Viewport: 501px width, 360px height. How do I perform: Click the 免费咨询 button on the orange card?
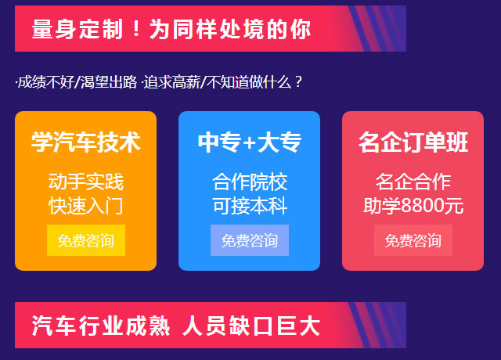pyautogui.click(x=86, y=240)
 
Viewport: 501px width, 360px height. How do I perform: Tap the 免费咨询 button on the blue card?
pyautogui.click(x=250, y=240)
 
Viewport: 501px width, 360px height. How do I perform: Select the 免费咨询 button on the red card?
pyautogui.click(x=413, y=240)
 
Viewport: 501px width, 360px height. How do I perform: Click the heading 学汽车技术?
pyautogui.click(x=86, y=142)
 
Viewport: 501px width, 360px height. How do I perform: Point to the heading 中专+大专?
pyautogui.click(x=250, y=142)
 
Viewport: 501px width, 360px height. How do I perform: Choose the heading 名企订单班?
pyautogui.click(x=413, y=142)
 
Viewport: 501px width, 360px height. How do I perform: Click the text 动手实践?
pyautogui.click(x=86, y=182)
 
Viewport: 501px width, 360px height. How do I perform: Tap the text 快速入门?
pyautogui.click(x=86, y=206)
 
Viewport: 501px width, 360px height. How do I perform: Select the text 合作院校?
pyautogui.click(x=250, y=182)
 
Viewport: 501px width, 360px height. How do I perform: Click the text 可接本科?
pyautogui.click(x=250, y=206)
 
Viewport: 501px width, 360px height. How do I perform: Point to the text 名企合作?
pyautogui.click(x=413, y=182)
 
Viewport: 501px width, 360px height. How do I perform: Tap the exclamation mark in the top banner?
pyautogui.click(x=136, y=28)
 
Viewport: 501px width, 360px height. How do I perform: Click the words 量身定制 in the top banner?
pyautogui.click(x=77, y=29)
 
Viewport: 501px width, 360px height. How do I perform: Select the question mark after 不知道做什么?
pyautogui.click(x=298, y=81)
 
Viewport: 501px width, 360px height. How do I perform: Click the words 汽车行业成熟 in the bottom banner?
pyautogui.click(x=101, y=326)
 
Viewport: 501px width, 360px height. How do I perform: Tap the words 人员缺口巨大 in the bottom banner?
pyautogui.click(x=251, y=326)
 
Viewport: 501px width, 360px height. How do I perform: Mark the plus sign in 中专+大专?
pyautogui.click(x=249, y=142)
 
